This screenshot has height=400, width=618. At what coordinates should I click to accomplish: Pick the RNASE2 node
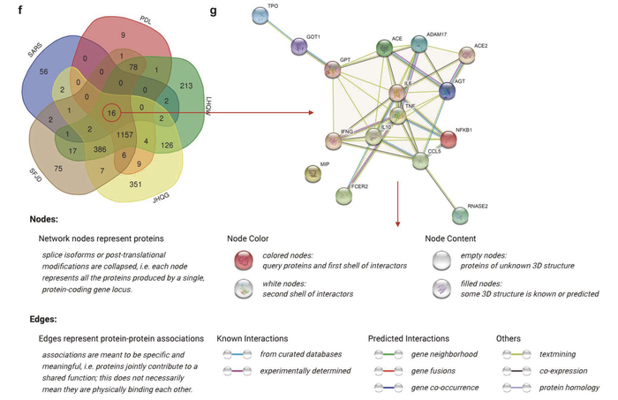[x=460, y=215]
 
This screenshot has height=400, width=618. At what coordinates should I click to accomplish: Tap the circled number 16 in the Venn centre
[x=110, y=114]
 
